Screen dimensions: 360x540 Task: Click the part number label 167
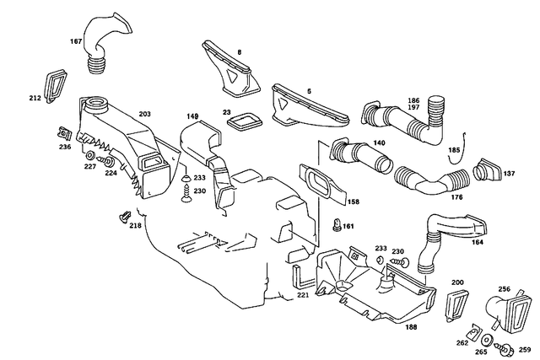point(75,40)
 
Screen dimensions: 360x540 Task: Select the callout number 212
point(35,99)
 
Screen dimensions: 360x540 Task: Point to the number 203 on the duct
point(144,113)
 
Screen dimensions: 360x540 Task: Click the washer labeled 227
point(89,157)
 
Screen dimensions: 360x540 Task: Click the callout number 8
point(239,52)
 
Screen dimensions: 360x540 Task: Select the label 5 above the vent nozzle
point(285,89)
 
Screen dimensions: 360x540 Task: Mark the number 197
point(413,109)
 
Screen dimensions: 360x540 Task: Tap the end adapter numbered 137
point(488,169)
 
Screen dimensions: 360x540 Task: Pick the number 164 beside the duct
point(477,243)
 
